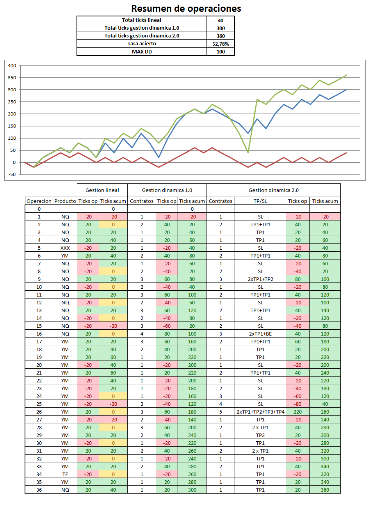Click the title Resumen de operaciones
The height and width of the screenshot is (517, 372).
tap(186, 9)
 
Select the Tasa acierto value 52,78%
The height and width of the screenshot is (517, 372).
tap(221, 44)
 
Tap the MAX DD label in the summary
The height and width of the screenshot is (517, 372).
tap(142, 52)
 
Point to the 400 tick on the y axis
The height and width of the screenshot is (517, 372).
tap(12, 66)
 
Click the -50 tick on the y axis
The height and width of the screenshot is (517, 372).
tap(12, 174)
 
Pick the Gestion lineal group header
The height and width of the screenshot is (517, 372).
tap(102, 190)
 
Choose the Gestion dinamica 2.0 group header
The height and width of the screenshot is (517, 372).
tap(273, 190)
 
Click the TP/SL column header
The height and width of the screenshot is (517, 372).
tap(260, 201)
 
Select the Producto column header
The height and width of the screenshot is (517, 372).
tap(65, 201)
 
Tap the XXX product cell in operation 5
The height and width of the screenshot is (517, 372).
tap(65, 248)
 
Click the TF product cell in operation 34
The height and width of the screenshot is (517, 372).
tap(65, 474)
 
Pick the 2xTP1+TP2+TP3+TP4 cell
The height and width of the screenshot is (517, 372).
tap(260, 412)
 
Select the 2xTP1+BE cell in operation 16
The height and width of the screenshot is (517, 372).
tap(260, 334)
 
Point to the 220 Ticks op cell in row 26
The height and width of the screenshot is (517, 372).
tap(297, 412)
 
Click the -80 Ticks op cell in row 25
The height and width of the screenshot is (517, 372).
tap(297, 404)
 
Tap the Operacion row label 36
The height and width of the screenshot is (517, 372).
tap(39, 490)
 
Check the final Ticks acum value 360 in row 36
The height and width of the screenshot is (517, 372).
tap(325, 490)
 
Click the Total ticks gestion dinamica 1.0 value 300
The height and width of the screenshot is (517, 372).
tap(221, 28)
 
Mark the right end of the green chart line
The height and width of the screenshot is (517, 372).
tap(346, 75)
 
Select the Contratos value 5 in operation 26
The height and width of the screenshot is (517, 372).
tap(221, 412)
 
